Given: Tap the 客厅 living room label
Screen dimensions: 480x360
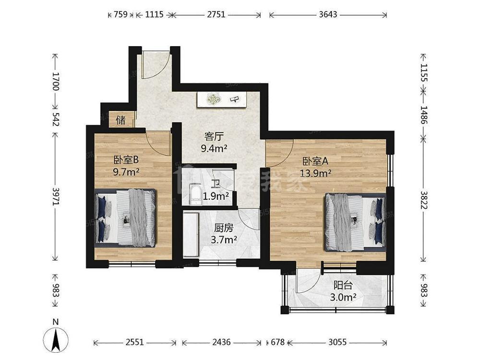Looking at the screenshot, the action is tap(214, 136).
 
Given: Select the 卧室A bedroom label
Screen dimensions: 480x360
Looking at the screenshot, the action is tap(315, 161).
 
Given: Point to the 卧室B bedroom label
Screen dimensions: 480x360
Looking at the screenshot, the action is tap(126, 160).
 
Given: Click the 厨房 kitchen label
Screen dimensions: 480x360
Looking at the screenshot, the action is tap(224, 228).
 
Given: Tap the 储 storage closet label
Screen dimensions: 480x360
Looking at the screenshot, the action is tap(120, 120).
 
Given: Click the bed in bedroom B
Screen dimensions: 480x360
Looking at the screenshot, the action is tap(125, 217).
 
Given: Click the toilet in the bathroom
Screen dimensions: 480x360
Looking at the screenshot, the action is tap(195, 194).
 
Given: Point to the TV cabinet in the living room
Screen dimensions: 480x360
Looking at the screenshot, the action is tap(222, 99).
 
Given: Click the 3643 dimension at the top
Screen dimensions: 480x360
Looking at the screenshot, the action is tap(328, 14).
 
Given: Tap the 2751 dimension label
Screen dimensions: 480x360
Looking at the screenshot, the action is tap(216, 14).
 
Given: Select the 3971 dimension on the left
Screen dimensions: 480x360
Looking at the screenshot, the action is tap(55, 196).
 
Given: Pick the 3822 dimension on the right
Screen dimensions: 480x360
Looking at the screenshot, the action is tap(423, 200).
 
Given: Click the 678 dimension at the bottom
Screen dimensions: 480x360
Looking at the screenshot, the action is tap(277, 342).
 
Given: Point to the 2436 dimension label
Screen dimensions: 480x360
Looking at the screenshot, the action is tap(221, 342).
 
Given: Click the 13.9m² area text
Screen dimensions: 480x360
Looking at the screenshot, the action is tap(315, 174).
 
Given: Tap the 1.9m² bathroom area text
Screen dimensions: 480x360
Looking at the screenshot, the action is tap(216, 196).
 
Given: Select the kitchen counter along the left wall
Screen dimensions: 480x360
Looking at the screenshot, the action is tap(191, 234).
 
